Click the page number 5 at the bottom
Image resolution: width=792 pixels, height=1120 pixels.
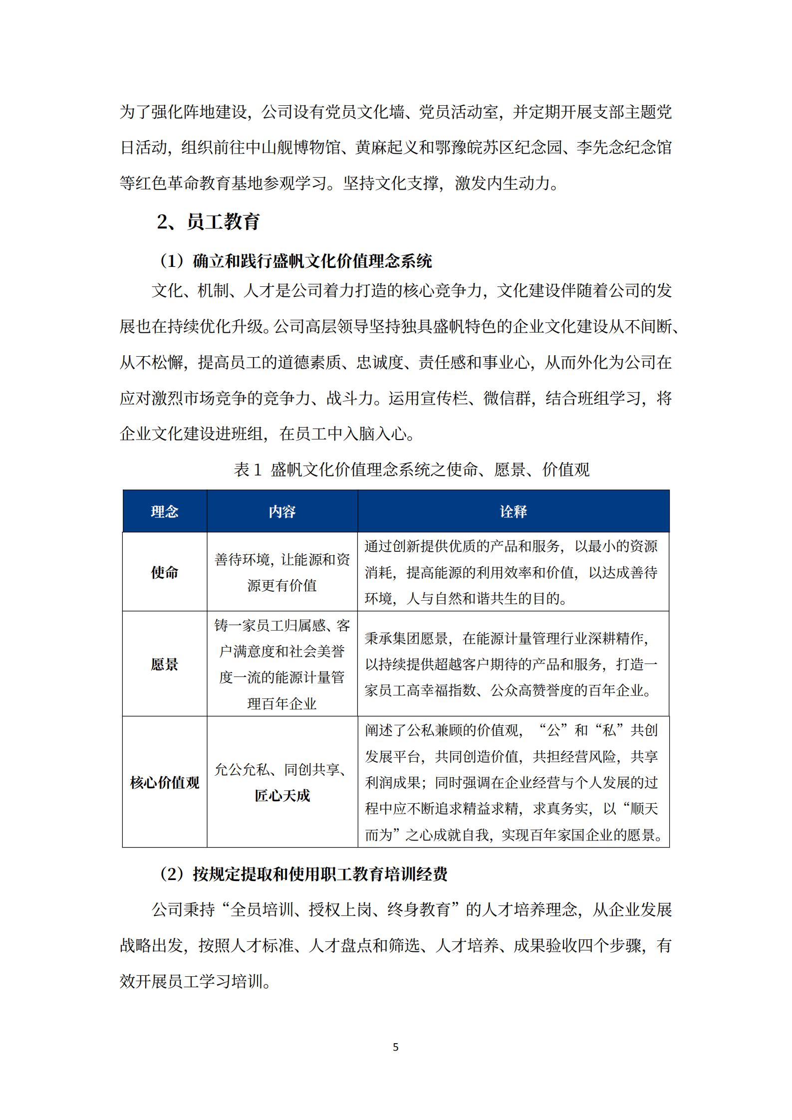pyautogui.click(x=396, y=1047)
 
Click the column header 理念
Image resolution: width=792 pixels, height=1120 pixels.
pyautogui.click(x=164, y=511)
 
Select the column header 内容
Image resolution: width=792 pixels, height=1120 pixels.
pyautogui.click(x=282, y=511)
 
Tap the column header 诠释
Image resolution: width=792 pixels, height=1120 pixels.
pyautogui.click(x=513, y=511)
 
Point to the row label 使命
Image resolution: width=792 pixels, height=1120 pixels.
pyautogui.click(x=164, y=572)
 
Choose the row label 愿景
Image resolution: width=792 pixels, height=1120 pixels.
pyautogui.click(x=164, y=664)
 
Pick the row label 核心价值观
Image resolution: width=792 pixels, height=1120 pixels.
pyautogui.click(x=164, y=782)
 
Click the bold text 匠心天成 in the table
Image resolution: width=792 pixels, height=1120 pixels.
pyautogui.click(x=282, y=795)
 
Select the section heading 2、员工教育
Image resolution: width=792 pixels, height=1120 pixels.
pyautogui.click(x=208, y=222)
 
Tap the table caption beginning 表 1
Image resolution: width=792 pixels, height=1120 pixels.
pyautogui.click(x=412, y=469)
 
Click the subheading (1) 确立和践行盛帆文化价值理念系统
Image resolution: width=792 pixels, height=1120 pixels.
pyautogui.click(x=295, y=261)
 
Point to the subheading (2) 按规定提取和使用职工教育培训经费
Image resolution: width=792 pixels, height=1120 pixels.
pyautogui.click(x=303, y=874)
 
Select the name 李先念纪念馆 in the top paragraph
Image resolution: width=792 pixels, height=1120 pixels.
pyautogui.click(x=624, y=148)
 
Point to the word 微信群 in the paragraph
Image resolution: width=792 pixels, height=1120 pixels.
pyautogui.click(x=508, y=398)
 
